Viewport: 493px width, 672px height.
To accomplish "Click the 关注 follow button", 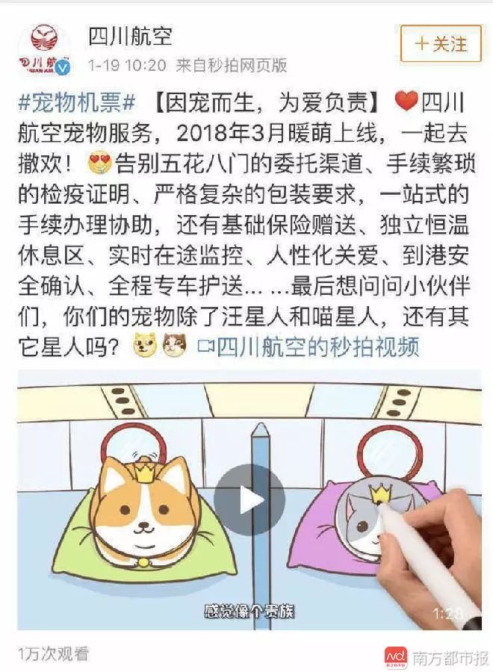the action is tap(441, 44).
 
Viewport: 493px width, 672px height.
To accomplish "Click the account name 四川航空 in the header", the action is tap(130, 37).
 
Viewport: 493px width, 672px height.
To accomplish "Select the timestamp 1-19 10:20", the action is tap(127, 65).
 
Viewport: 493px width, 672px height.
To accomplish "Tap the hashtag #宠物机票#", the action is tap(77, 103).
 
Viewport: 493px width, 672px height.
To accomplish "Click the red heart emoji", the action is tap(405, 101).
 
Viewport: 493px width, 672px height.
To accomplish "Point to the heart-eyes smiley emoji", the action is tap(99, 164).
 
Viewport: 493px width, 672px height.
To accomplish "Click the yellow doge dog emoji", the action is tap(146, 346).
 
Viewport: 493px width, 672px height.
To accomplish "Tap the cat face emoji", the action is tap(176, 346).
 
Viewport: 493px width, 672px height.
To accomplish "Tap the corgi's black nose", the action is tap(143, 525).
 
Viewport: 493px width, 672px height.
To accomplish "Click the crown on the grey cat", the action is tap(379, 493).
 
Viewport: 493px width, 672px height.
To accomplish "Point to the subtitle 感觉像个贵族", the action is tap(249, 611).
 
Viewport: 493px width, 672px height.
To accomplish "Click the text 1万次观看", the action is tap(54, 653).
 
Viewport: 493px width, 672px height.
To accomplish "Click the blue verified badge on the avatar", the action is tap(64, 68).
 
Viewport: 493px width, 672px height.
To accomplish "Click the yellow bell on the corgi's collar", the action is tap(143, 561).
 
